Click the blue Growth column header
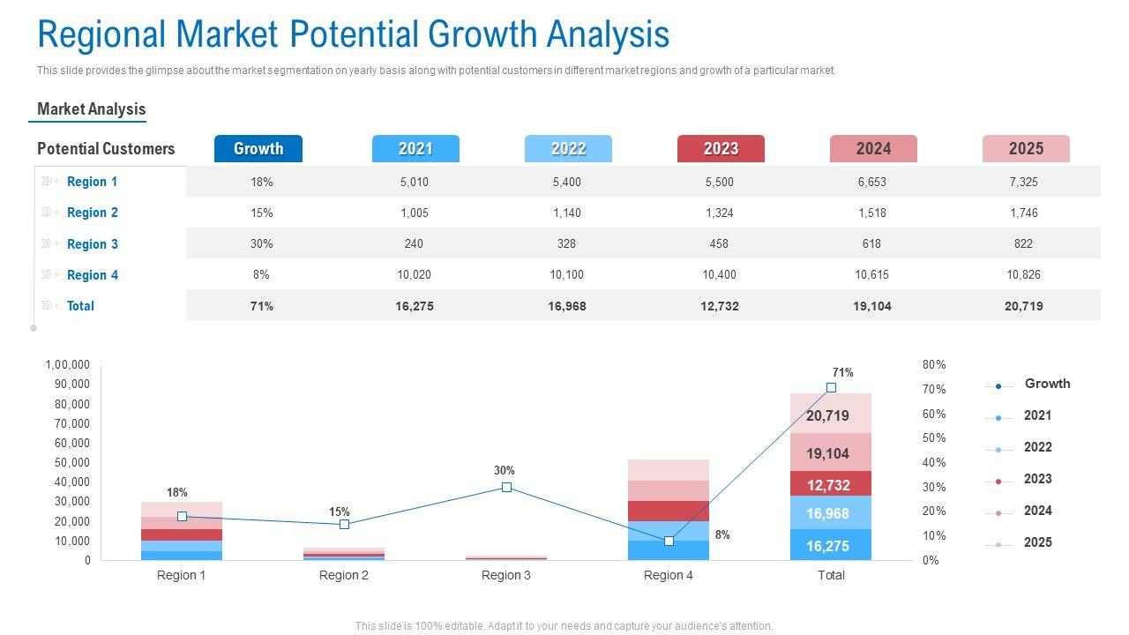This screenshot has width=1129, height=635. (258, 149)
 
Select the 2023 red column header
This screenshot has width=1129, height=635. (721, 149)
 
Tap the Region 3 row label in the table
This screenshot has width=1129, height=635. (92, 244)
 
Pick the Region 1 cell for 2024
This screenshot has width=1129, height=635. (871, 182)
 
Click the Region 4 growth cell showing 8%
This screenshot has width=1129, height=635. (261, 274)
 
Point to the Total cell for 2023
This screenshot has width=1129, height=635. (720, 306)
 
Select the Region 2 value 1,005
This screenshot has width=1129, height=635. (414, 213)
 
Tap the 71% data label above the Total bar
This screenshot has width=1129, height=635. (842, 373)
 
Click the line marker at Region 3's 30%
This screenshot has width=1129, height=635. (506, 487)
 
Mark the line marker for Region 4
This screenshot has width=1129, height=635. (669, 541)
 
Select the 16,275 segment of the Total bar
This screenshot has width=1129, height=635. (827, 546)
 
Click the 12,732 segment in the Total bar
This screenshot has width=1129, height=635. (827, 485)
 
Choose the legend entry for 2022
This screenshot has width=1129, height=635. (1037, 447)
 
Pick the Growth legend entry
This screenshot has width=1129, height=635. (1047, 384)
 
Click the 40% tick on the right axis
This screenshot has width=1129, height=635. (934, 462)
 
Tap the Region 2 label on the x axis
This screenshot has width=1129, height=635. (344, 575)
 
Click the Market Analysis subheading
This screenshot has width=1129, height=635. (92, 109)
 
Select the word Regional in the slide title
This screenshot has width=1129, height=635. (101, 35)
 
